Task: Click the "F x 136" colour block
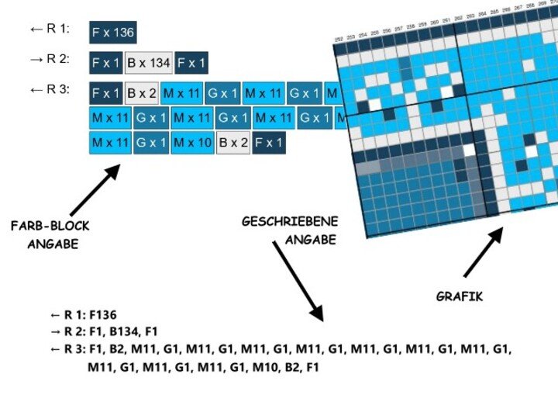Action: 113,33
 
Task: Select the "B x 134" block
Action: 149,63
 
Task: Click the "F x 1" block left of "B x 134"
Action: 105,63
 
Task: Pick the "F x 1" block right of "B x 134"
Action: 191,63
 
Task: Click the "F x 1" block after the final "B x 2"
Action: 269,143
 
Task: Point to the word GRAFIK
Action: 460,296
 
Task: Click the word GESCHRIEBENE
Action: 290,222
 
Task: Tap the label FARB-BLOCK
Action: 50,227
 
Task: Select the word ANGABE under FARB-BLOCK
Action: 53,244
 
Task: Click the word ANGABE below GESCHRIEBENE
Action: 310,240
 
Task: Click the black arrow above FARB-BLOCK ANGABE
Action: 95,189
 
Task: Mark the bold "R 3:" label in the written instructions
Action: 74,349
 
